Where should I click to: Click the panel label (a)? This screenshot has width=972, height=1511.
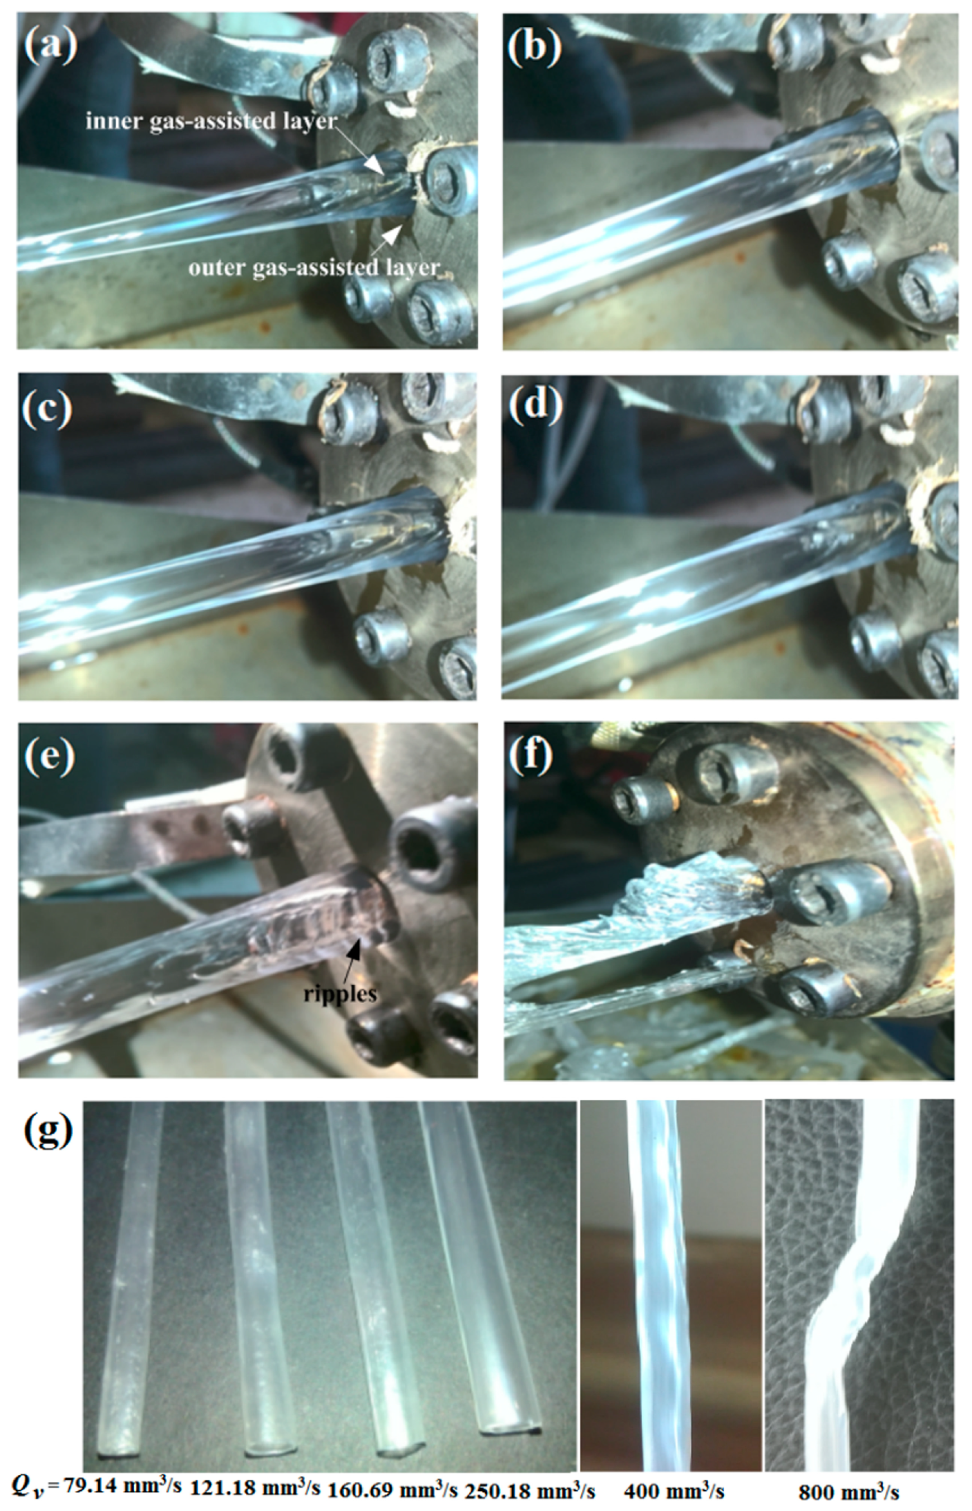click(x=50, y=48)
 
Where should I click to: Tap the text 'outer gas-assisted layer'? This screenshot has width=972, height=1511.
click(x=314, y=268)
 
